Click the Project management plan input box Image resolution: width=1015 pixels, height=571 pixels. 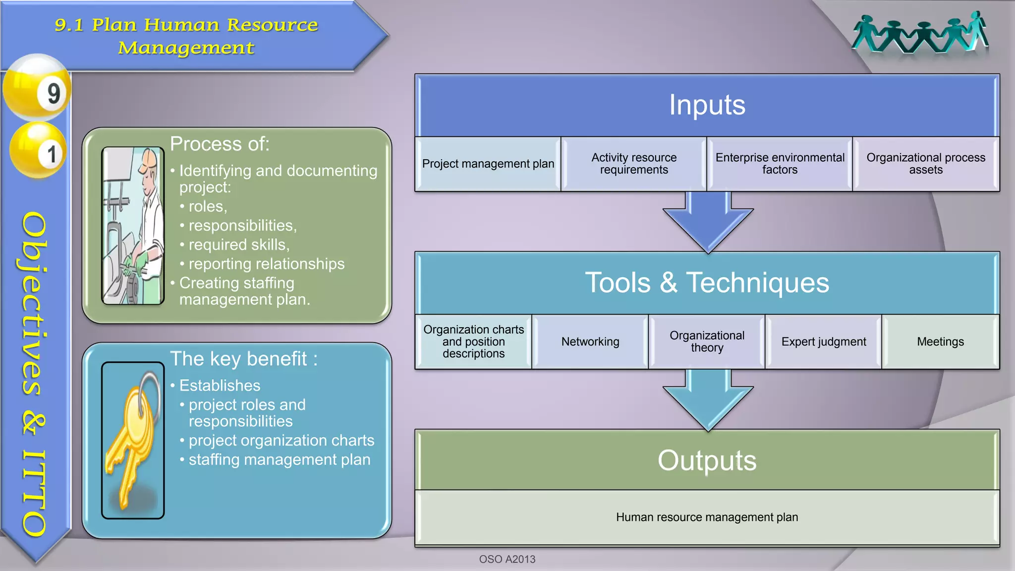coord(488,164)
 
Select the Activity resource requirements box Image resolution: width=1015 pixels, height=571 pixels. coord(634,164)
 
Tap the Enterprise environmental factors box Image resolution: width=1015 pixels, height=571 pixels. coord(780,164)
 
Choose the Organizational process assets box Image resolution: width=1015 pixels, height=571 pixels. coord(926,164)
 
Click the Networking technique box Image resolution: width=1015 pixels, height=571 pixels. coord(590,342)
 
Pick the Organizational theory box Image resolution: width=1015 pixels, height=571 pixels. coord(707,342)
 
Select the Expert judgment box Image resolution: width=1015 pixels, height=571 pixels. coord(824,342)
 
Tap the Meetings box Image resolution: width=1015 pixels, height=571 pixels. coord(940,342)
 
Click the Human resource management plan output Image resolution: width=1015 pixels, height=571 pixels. coord(707,517)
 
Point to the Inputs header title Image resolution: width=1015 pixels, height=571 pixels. coord(707,105)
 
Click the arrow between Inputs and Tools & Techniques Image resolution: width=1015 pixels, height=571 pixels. coord(708,221)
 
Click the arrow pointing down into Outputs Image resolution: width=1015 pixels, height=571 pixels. coord(708,399)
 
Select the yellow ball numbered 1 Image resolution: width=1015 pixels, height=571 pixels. coord(39,151)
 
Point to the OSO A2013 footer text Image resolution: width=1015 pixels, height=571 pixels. coord(507,559)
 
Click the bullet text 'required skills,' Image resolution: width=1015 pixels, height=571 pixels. coord(239,245)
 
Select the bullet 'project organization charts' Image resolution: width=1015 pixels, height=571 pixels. coord(281,441)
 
